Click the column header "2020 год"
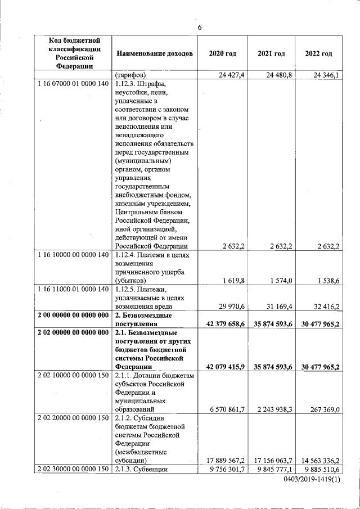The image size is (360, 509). pos(222,53)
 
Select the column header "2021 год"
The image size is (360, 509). pos(271,53)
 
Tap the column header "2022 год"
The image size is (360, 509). pos(318,53)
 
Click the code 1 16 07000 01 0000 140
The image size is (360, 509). pos(71,84)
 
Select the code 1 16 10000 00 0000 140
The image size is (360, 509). pos(71,255)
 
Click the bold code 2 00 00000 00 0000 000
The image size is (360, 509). pos(71,316)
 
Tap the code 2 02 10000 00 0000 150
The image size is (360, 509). pos(71,375)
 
